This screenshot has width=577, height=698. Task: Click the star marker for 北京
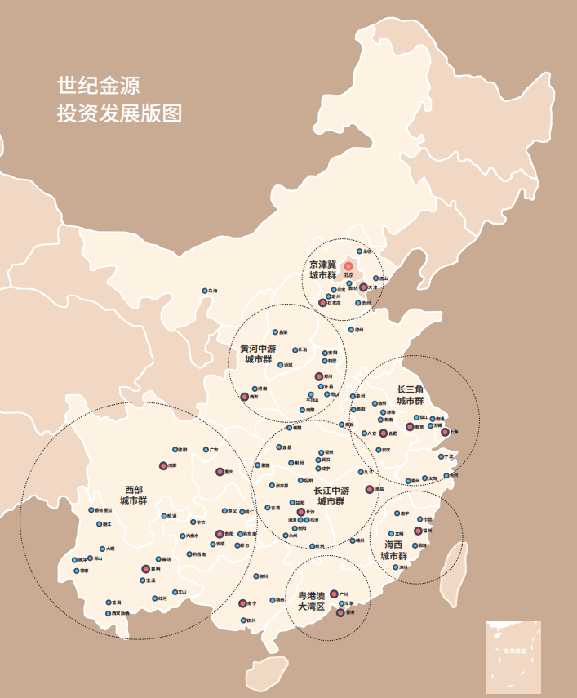[x=348, y=266]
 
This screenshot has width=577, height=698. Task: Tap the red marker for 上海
[x=445, y=433]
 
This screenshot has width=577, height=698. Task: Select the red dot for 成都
[x=162, y=465]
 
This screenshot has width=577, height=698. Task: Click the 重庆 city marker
[x=220, y=472]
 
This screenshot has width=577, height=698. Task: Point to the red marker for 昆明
[x=145, y=568]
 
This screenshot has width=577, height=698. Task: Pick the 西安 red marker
[x=243, y=397]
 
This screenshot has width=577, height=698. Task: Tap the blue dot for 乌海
[x=204, y=291]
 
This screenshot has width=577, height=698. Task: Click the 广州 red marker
[x=334, y=594]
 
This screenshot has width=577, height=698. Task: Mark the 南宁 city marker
[x=242, y=603]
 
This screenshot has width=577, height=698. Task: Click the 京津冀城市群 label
[x=323, y=270]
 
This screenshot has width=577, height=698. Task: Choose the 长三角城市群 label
[x=411, y=395]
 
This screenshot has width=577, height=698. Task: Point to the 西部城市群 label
[x=133, y=495]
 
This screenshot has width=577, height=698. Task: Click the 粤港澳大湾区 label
[x=311, y=602]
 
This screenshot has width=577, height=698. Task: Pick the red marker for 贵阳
[x=219, y=534]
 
